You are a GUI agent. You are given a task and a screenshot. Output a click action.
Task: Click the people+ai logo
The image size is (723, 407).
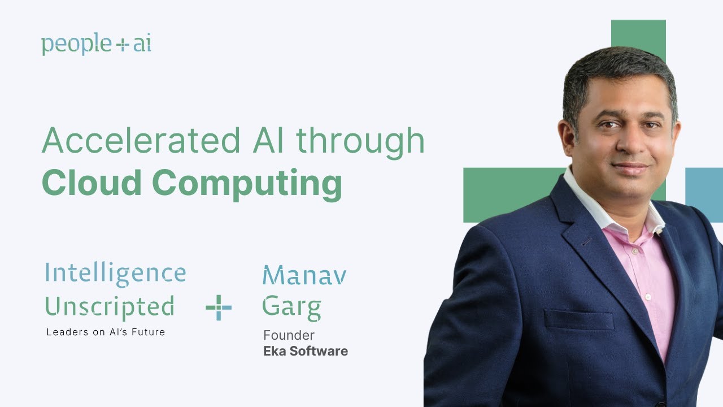point(96,45)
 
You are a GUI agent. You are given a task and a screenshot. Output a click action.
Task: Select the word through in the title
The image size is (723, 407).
point(360,142)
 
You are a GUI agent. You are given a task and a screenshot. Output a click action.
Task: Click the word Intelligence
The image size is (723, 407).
point(115,274)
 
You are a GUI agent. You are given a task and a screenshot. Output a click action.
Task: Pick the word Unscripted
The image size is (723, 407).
point(109,307)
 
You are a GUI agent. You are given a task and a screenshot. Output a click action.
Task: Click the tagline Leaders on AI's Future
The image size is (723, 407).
point(106,332)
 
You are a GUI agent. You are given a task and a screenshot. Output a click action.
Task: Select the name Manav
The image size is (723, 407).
point(304,275)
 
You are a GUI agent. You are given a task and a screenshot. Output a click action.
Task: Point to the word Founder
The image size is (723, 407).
point(289,336)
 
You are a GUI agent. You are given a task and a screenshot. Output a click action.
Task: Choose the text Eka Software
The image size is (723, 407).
point(306,351)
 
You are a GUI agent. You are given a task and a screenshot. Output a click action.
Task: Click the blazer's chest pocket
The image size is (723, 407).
point(579,320)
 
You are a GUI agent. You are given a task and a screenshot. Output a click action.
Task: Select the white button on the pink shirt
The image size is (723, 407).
point(648,296)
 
